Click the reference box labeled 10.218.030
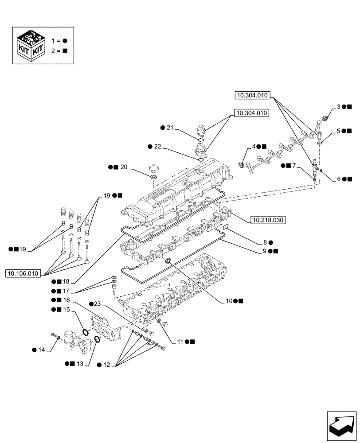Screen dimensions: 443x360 (269, 220)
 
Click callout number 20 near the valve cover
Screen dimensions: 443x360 (123, 167)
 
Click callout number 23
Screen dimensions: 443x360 (98, 304)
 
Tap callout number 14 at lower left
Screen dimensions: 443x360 (41, 350)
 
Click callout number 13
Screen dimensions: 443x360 (80, 364)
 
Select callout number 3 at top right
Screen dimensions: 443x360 (338, 107)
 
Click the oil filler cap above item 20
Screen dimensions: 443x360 (154, 169)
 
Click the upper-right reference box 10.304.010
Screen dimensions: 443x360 (253, 95)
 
